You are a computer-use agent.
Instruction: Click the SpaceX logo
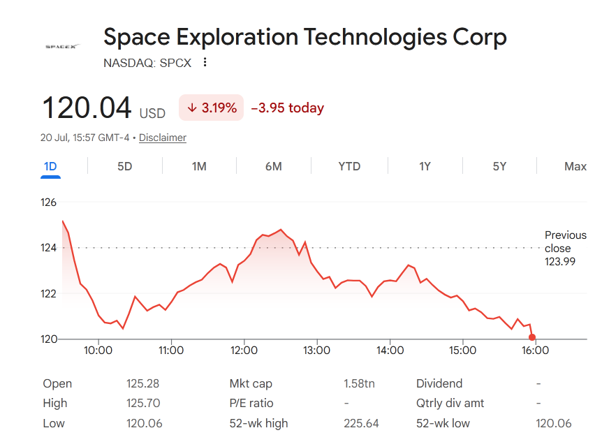[62, 47]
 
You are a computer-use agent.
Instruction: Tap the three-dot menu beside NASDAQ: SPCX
[205, 62]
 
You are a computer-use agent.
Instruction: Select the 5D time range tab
[125, 166]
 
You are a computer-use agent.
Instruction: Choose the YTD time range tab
[349, 166]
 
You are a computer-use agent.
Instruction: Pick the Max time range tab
[575, 166]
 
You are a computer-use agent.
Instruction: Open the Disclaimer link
[163, 138]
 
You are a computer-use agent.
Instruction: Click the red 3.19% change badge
[211, 108]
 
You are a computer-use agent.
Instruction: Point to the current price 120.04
[87, 108]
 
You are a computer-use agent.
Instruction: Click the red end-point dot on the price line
[531, 337]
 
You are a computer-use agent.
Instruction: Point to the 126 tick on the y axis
[48, 202]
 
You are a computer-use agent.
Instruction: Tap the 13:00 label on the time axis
[317, 351]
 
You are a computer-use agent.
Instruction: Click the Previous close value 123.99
[560, 262]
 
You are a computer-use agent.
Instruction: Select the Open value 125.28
[142, 383]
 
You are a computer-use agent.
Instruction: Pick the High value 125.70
[143, 403]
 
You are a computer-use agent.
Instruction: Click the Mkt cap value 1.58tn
[359, 383]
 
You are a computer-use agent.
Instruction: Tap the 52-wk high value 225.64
[361, 423]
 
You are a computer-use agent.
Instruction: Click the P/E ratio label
[251, 403]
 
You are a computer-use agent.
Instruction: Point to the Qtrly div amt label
[450, 403]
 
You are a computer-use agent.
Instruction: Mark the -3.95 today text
[288, 108]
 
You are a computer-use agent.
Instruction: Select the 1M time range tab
[199, 166]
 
